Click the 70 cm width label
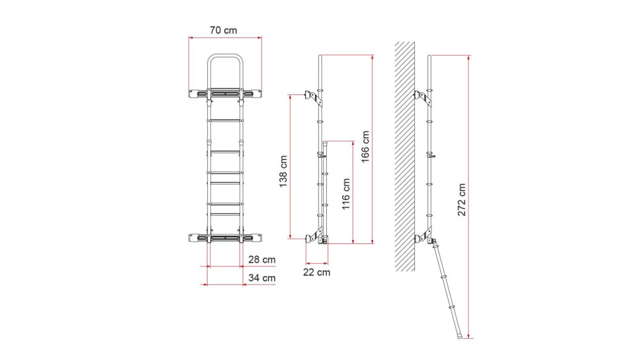[225, 29]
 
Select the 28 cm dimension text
[261, 259]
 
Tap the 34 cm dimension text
[261, 278]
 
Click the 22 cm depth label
[317, 272]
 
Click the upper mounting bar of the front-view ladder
[225, 94]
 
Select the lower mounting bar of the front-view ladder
[225, 238]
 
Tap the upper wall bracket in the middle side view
[314, 95]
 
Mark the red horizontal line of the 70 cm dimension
[225, 37]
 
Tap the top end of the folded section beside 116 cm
[326, 142]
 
